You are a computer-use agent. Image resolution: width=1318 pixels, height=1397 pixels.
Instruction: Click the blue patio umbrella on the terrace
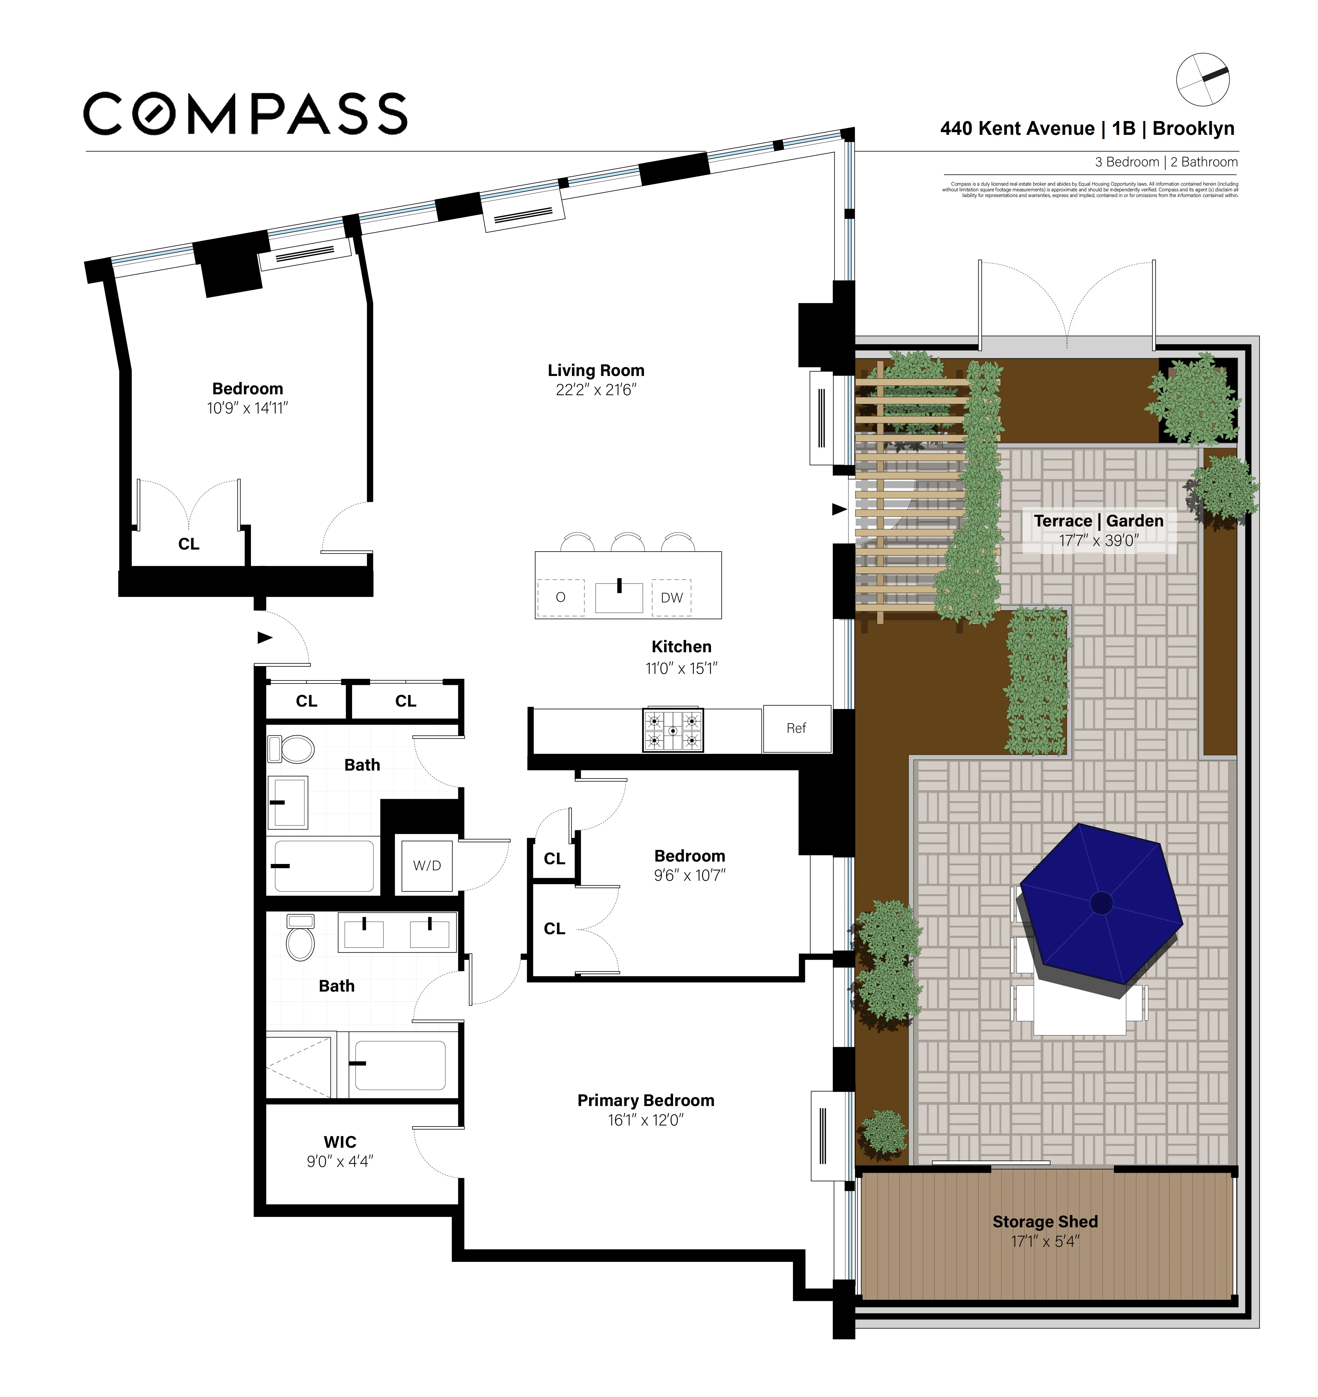pyautogui.click(x=1101, y=905)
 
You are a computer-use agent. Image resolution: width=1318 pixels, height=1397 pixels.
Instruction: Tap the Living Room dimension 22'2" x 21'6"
pyautogui.click(x=596, y=390)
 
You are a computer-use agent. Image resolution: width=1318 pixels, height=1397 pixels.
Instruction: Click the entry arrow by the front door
pyautogui.click(x=264, y=637)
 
